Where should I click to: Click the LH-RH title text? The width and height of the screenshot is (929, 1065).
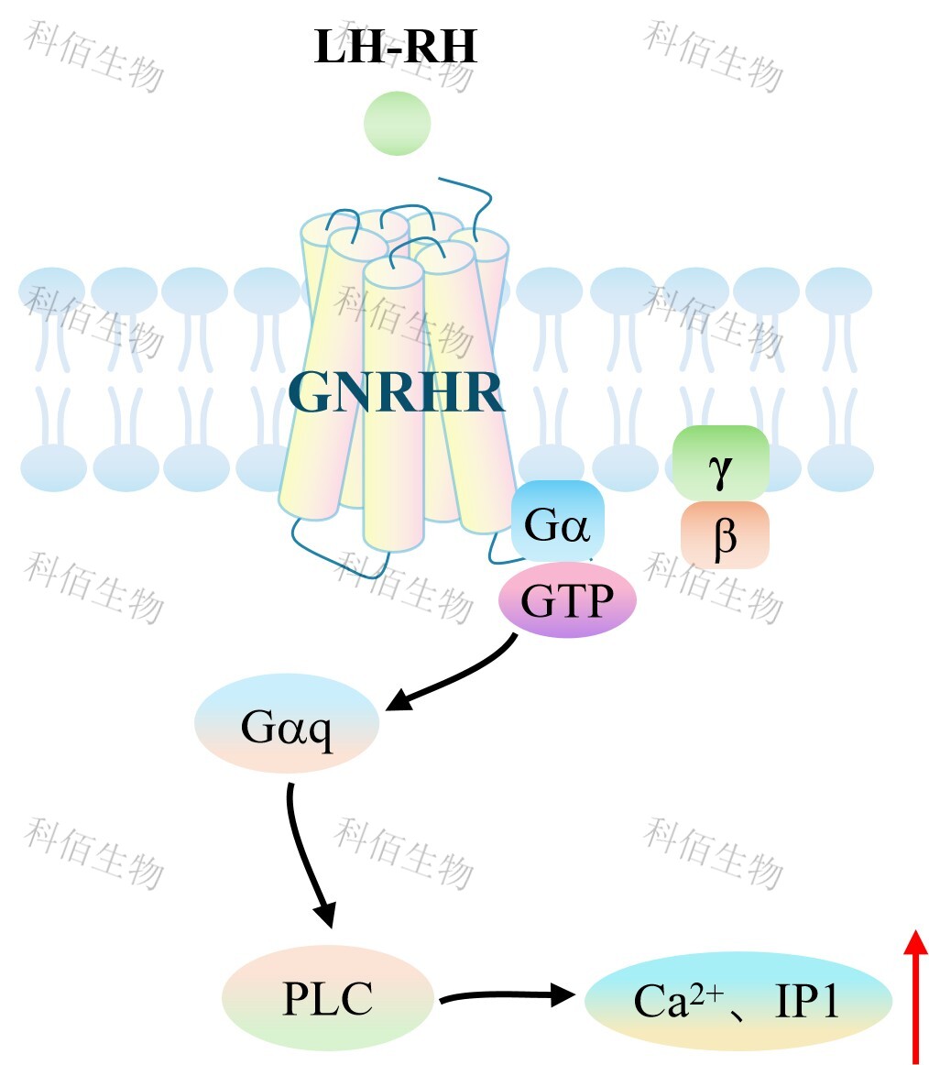tap(395, 47)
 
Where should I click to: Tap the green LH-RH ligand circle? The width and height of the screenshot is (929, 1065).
tap(397, 124)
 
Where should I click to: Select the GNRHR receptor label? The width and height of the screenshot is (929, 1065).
tap(396, 393)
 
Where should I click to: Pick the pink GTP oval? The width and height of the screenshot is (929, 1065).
tap(567, 600)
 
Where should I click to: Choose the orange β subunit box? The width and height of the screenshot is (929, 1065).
tap(724, 535)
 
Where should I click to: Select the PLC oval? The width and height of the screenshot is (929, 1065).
tap(327, 997)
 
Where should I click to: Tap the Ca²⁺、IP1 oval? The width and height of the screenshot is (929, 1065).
tap(738, 1000)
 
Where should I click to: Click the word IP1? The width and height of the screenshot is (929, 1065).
tap(806, 1002)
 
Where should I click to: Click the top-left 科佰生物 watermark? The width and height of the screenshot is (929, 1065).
tap(94, 57)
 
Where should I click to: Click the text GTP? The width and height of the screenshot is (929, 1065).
tap(567, 601)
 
